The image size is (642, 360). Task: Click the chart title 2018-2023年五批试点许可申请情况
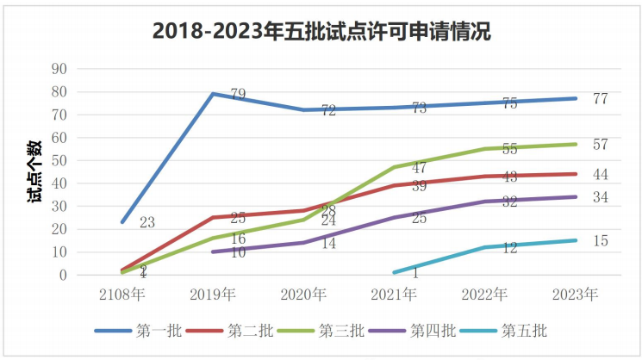[x=321, y=32]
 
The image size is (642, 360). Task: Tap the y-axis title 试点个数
[x=34, y=172]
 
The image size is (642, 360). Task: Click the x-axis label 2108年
[x=122, y=295]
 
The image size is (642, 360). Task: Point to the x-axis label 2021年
[x=395, y=295]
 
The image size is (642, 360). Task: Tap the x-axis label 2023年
[x=576, y=295]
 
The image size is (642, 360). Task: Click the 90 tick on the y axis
[x=60, y=69]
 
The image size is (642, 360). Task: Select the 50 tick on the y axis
[x=60, y=161]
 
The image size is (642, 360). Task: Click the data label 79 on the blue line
[x=239, y=94]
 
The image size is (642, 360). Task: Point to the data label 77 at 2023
[x=600, y=98]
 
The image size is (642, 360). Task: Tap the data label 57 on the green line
[x=600, y=144]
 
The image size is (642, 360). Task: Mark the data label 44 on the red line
[x=600, y=174]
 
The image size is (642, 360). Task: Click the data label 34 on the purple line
[x=600, y=197]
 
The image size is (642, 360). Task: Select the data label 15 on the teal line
[x=600, y=241]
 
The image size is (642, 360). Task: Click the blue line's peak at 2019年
[x=213, y=94]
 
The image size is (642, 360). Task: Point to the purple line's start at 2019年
[x=213, y=252]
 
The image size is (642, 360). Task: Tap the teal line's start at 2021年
[x=395, y=273]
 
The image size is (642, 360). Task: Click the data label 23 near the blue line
[x=147, y=223]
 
